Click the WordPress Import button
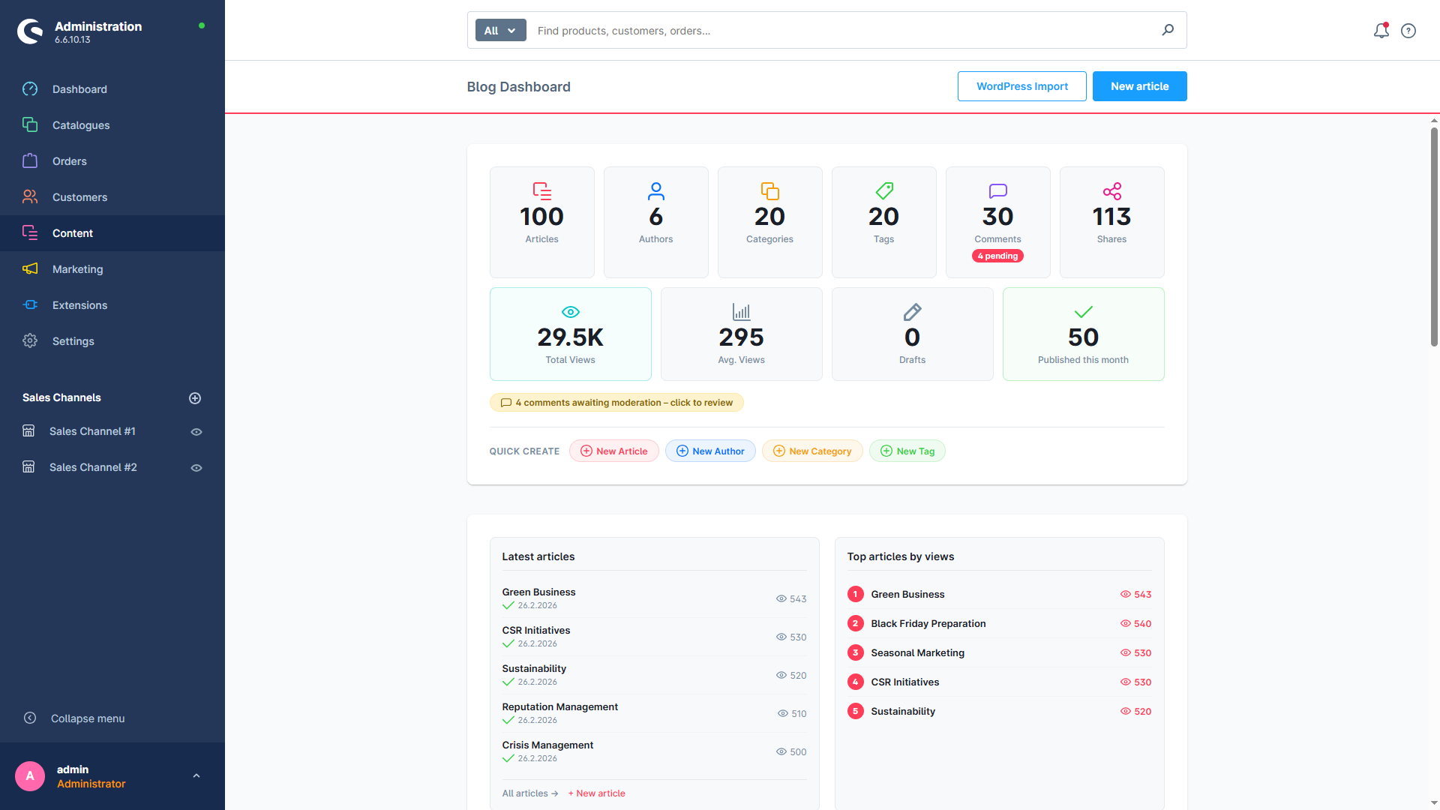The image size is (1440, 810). (x=1021, y=86)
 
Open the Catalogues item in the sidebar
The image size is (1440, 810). (x=81, y=125)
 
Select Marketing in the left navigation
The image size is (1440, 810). (x=78, y=269)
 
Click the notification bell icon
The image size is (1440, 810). (x=1381, y=31)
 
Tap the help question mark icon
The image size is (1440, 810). (x=1408, y=31)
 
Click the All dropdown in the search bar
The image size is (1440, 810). (x=500, y=31)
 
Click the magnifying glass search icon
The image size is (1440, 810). (x=1168, y=30)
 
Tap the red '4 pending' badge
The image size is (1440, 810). (x=997, y=256)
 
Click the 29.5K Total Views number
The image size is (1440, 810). (x=570, y=337)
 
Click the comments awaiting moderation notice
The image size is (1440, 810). (x=616, y=403)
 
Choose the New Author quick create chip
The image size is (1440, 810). (x=710, y=451)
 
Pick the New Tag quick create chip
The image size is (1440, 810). (x=907, y=451)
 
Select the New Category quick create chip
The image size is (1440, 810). (x=812, y=451)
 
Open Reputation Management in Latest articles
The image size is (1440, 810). (x=559, y=706)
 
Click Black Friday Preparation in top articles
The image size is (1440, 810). (x=928, y=623)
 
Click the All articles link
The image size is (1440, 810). (x=530, y=793)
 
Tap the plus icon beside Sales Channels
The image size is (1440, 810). (x=195, y=398)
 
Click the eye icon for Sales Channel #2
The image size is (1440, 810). (x=196, y=468)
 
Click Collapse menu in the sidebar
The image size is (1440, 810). (x=88, y=718)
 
